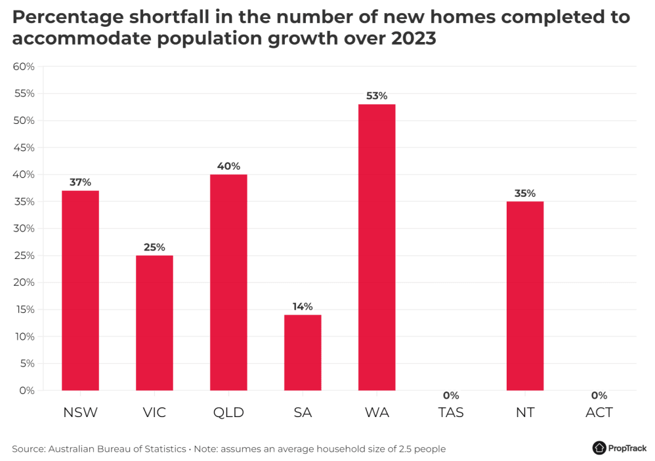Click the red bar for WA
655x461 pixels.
pos(377,247)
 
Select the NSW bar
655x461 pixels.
pos(80,291)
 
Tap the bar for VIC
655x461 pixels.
pos(154,323)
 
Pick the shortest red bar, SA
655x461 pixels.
pos(303,352)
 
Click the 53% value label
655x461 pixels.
pos(377,96)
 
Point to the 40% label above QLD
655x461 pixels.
pos(228,166)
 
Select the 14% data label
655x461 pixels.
pos(303,306)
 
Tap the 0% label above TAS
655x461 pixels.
pos(451,395)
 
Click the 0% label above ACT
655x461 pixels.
pos(599,395)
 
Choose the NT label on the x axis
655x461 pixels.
pos(525,412)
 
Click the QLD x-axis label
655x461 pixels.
pos(228,412)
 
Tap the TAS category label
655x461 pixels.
pos(451,412)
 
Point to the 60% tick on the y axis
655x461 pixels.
pos(24,67)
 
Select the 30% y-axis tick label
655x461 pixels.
pos(24,229)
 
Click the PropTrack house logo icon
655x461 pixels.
pos(599,448)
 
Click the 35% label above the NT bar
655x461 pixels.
pos(525,193)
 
